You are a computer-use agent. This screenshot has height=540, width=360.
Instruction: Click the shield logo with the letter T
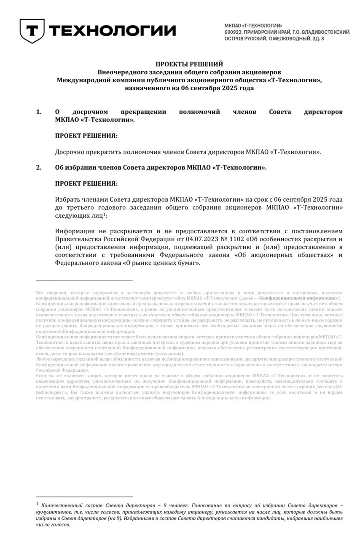coord(32,30)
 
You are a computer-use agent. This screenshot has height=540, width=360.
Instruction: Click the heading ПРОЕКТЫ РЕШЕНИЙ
coord(189,64)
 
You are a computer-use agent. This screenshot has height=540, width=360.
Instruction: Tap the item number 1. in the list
coord(39,112)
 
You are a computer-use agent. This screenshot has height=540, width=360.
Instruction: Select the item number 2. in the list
coord(39,167)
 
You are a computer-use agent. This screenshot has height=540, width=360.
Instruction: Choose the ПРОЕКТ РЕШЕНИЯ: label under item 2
coord(86,184)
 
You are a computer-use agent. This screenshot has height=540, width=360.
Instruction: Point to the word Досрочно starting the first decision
coord(68,151)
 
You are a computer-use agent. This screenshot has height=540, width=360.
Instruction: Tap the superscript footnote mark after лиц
coord(104,213)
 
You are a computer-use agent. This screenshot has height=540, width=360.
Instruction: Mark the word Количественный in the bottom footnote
coord(64,505)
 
